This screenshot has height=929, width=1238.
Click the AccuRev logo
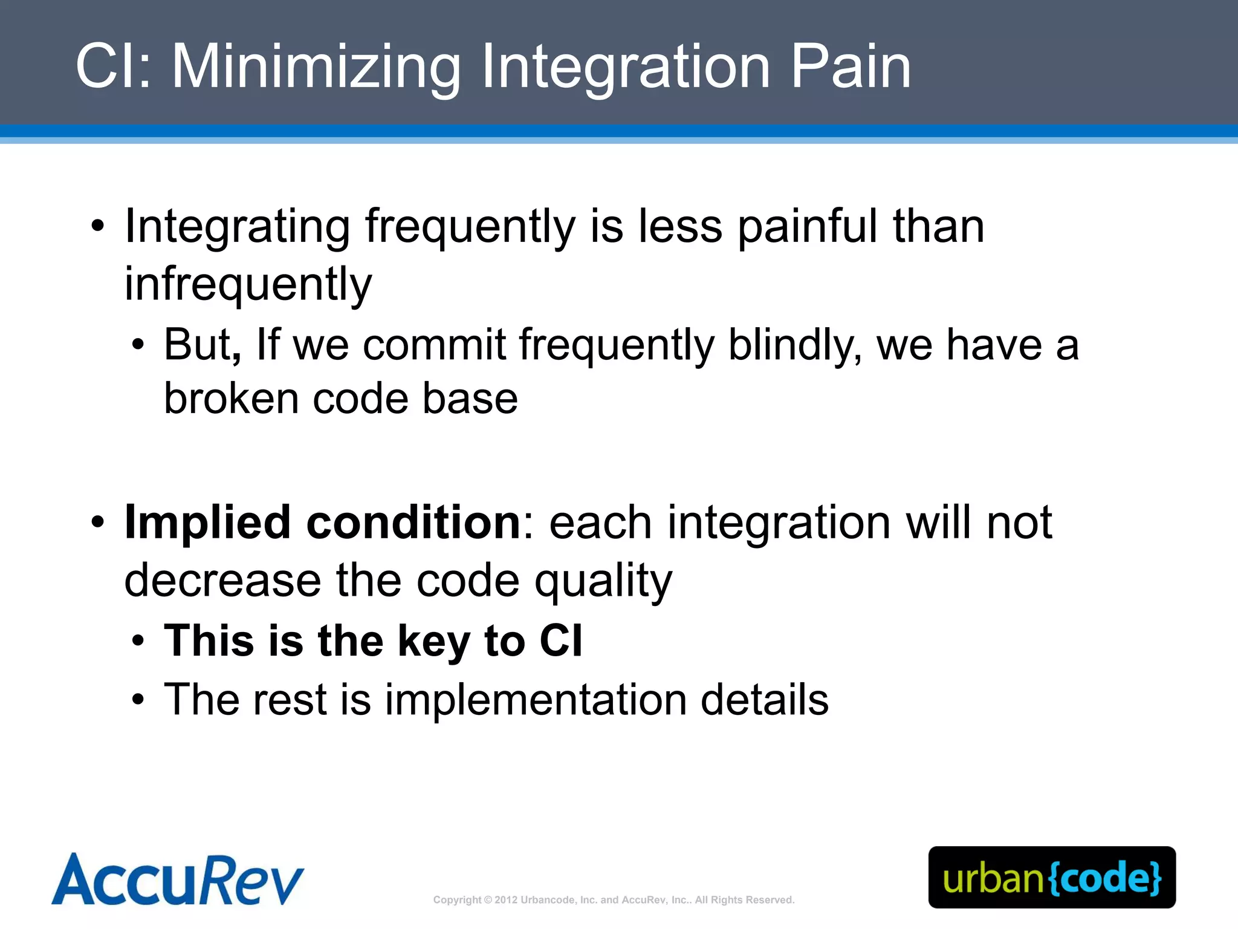(x=178, y=879)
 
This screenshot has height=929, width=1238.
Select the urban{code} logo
(x=1052, y=878)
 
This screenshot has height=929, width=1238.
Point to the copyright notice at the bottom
(x=614, y=900)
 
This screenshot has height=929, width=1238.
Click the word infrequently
(x=248, y=284)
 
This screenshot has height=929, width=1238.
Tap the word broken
(x=232, y=399)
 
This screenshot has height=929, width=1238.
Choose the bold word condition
(x=413, y=523)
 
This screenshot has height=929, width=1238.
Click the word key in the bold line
(x=433, y=641)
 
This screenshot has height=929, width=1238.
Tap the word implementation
(x=536, y=700)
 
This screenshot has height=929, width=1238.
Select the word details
(x=764, y=700)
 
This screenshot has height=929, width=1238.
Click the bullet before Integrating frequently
(x=98, y=227)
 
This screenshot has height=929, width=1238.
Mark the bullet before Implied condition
(x=98, y=522)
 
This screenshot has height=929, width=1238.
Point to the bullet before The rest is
(x=138, y=700)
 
